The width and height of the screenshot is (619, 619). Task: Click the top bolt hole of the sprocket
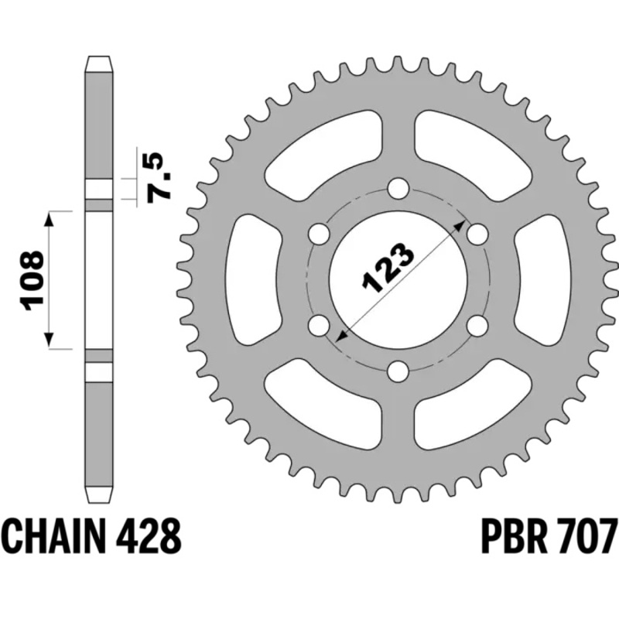[x=398, y=188]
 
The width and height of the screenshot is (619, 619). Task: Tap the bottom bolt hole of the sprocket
[x=398, y=372]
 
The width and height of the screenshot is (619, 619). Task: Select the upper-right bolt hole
[x=477, y=234]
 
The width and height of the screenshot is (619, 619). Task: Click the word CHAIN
[x=58, y=535]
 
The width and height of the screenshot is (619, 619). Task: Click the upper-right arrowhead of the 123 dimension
[x=462, y=224]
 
